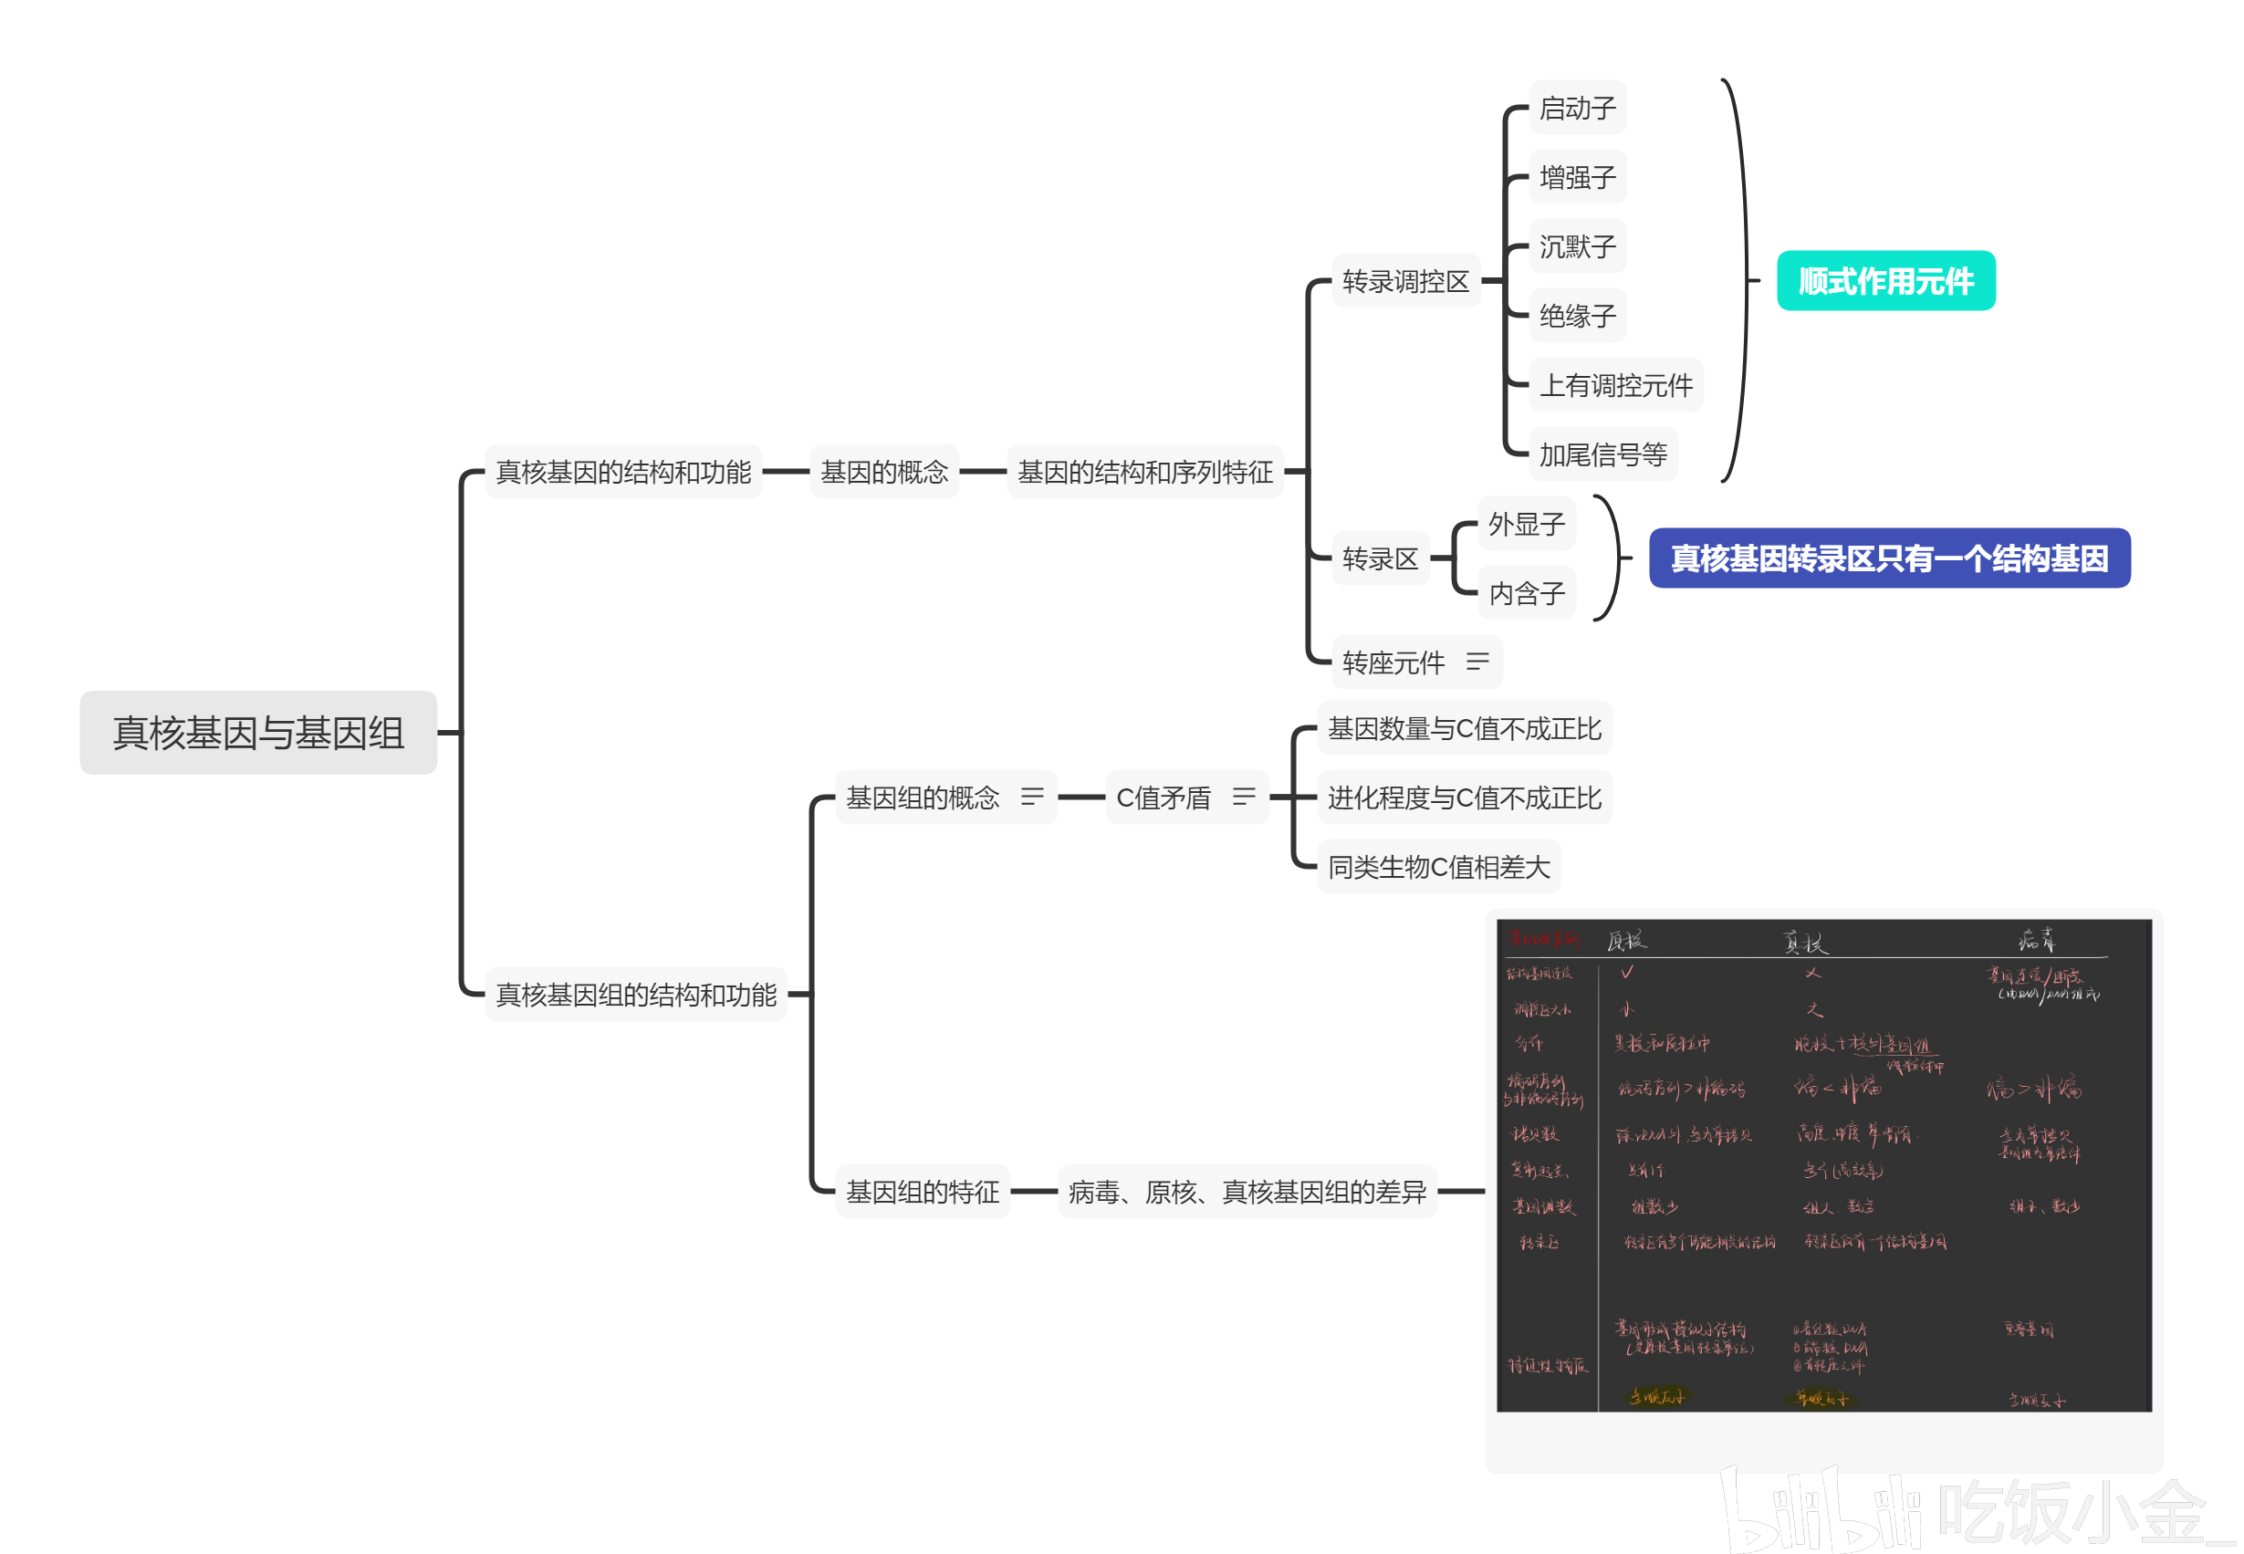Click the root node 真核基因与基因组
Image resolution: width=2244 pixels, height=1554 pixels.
(258, 732)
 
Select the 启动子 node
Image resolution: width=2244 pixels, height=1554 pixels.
(1577, 108)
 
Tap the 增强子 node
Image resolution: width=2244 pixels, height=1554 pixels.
(1577, 177)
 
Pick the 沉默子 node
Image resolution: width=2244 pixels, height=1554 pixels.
(1577, 246)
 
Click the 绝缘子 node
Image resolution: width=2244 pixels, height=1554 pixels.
(1577, 316)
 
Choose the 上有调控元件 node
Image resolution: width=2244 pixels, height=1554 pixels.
(1616, 386)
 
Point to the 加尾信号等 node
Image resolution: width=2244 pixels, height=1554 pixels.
(1602, 454)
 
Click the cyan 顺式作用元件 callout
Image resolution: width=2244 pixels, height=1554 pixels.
(1885, 281)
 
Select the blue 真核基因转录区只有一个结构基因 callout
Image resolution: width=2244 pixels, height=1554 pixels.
(1889, 558)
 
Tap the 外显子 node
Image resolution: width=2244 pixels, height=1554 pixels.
(1527, 525)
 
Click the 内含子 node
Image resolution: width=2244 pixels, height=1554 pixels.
(1527, 593)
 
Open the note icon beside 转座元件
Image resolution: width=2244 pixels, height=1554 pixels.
(1477, 662)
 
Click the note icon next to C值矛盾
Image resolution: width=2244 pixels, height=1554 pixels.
(1243, 798)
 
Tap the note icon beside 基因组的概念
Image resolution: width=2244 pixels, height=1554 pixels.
(1032, 798)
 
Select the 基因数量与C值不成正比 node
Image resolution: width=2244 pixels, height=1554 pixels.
(1464, 728)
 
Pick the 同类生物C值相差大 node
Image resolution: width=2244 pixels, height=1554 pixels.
(1439, 867)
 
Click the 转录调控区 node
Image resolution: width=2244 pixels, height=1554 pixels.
(1405, 281)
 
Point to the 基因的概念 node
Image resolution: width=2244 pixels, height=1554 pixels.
(884, 473)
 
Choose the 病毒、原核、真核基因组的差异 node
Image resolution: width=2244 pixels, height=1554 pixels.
(1247, 1192)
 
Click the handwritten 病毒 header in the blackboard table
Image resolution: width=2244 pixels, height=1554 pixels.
(2037, 940)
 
